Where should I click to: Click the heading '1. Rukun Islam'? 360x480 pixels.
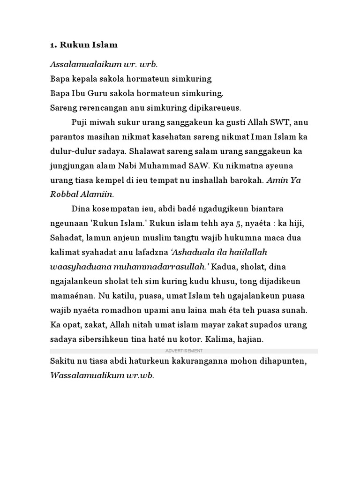(83, 45)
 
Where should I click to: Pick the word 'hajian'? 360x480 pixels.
(251, 339)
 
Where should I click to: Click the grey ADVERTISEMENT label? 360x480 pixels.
(184, 351)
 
